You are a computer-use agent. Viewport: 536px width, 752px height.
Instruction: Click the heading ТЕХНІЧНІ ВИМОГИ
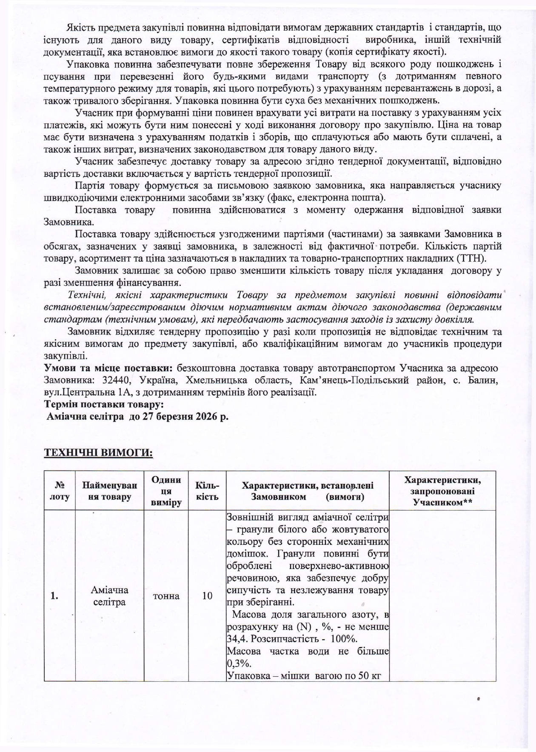[98, 452]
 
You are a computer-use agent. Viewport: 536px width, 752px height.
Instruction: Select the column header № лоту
[60, 491]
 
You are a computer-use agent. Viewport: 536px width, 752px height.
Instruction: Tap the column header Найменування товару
[110, 491]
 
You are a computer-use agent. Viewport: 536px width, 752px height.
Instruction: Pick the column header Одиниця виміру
[166, 491]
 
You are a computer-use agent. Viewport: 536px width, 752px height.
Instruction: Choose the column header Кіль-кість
[207, 491]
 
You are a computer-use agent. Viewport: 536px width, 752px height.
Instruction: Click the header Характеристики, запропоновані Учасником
[442, 491]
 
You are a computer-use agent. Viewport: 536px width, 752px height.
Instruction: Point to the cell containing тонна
[166, 596]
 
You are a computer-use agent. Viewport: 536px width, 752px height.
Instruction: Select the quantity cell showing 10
[207, 596]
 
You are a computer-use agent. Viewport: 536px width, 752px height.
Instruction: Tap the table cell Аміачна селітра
[110, 596]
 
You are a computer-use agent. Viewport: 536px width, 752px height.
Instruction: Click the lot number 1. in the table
[54, 596]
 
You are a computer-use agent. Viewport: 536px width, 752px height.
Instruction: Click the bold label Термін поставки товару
[104, 404]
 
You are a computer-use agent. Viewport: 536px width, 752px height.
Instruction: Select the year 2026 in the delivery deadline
[207, 416]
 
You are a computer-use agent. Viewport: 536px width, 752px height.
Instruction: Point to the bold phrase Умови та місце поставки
[108, 368]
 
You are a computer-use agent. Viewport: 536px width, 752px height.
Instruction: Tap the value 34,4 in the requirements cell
[236, 639]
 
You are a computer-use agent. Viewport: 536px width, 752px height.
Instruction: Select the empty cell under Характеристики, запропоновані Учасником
[442, 596]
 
